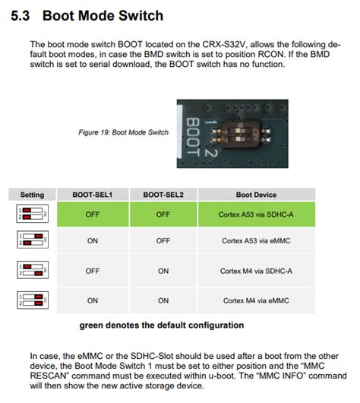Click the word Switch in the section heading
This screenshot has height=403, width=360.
pos(141,15)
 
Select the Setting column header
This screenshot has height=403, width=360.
pos(32,195)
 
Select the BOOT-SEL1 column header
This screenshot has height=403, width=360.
pos(92,195)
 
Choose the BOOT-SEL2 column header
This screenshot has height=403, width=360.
pos(163,195)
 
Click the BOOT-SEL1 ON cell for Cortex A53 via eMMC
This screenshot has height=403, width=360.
pos(92,241)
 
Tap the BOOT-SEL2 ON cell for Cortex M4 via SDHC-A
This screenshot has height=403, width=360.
pos(163,271)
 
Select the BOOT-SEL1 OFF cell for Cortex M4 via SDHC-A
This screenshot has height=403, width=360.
pos(92,271)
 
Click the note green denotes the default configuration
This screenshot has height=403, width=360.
pos(162,325)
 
